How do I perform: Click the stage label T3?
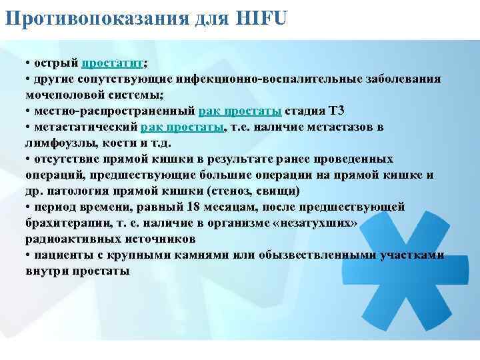pyautogui.click(x=337, y=111)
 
